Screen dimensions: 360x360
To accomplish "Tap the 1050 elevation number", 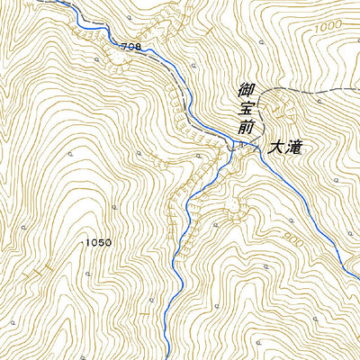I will tap(98, 243).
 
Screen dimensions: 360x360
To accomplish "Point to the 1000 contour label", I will tap(329, 29).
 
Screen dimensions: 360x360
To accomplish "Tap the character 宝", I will tap(244, 110).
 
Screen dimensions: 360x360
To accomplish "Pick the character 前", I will tap(244, 129).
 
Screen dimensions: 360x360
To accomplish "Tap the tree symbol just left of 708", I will tap(96, 56).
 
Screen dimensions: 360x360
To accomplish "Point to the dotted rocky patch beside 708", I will tap(115, 61).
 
